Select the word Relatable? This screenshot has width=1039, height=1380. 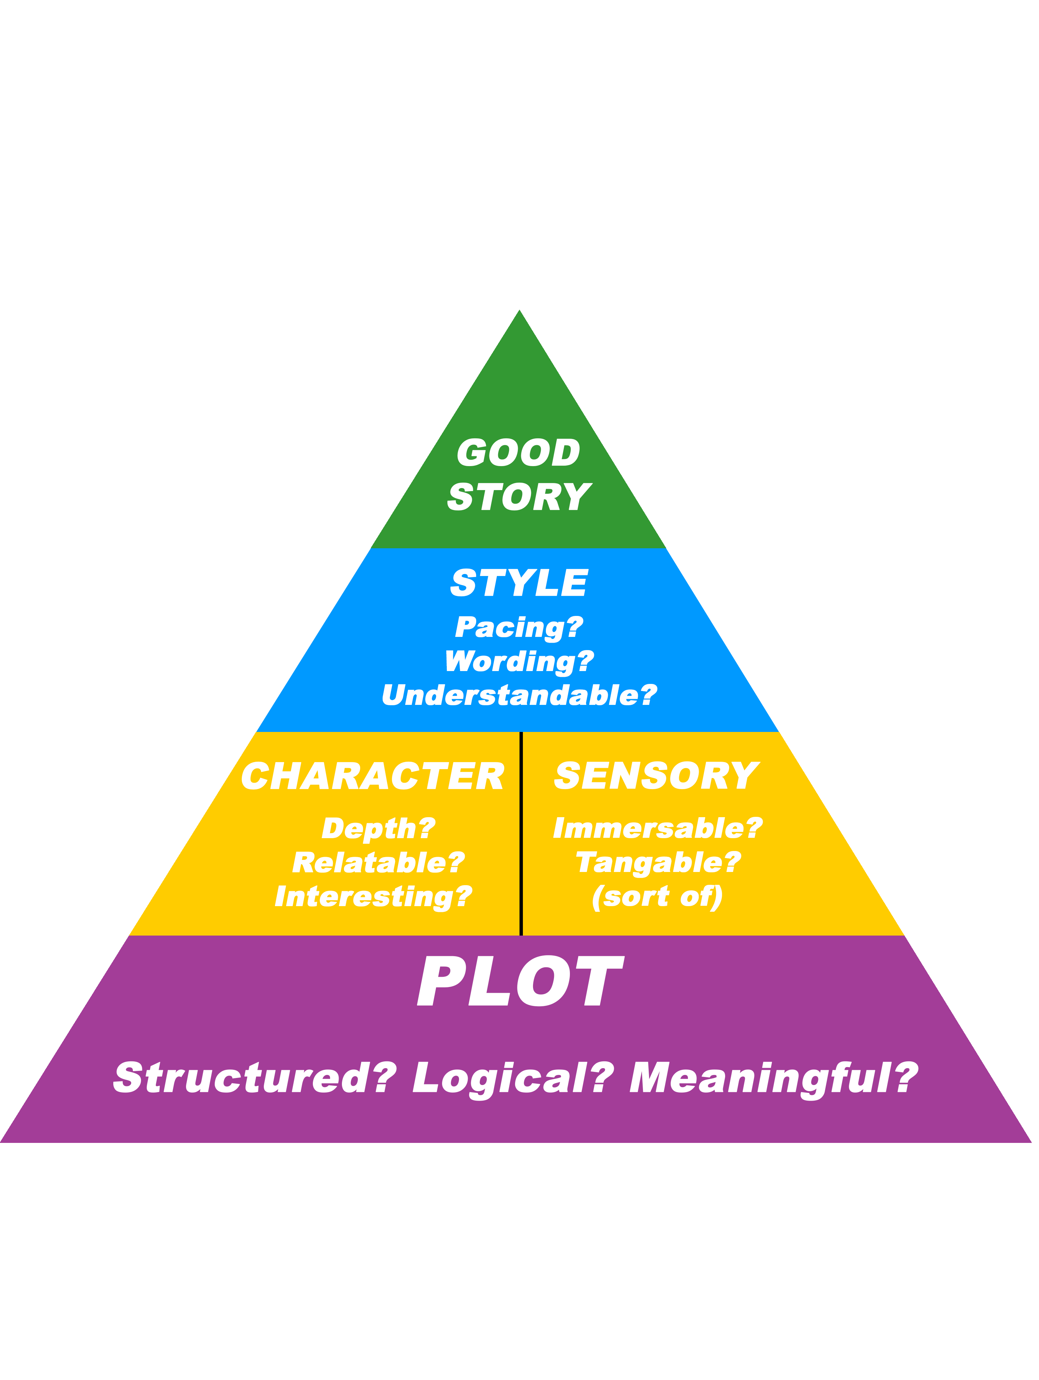coord(378,863)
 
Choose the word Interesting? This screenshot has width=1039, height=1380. coord(374,897)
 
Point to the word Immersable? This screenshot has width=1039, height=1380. coord(658,828)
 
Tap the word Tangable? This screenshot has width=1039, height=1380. coord(658,863)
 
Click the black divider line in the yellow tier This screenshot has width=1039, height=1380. coord(522,836)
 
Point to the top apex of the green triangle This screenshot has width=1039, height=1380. coord(519,312)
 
